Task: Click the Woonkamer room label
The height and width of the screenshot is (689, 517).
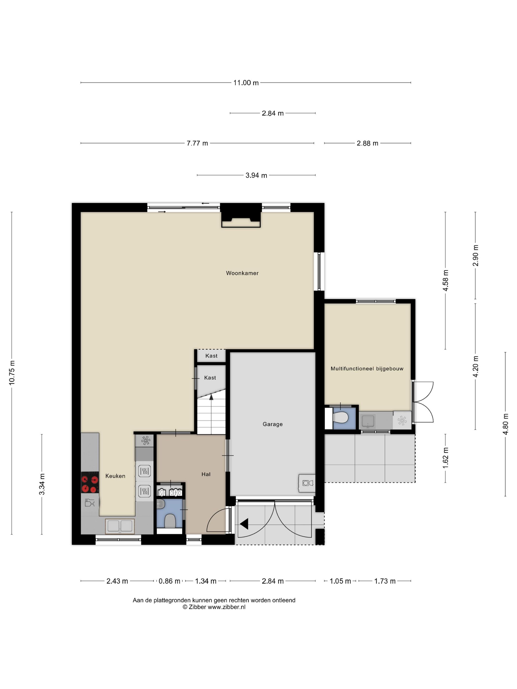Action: coord(242,273)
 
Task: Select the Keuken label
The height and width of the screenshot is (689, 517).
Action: coord(115,476)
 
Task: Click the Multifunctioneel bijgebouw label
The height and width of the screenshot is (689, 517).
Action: coord(367,369)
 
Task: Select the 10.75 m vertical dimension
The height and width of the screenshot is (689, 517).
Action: coord(12,373)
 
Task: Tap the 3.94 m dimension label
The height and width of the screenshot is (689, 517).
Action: coord(256,175)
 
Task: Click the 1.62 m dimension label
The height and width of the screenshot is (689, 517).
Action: coord(445,457)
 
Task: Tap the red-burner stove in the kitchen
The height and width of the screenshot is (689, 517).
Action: coord(90,483)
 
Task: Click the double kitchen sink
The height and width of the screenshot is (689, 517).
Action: coord(120,526)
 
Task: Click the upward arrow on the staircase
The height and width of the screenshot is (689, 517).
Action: coord(211,397)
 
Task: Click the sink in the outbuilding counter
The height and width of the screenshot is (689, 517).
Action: coord(368,421)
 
